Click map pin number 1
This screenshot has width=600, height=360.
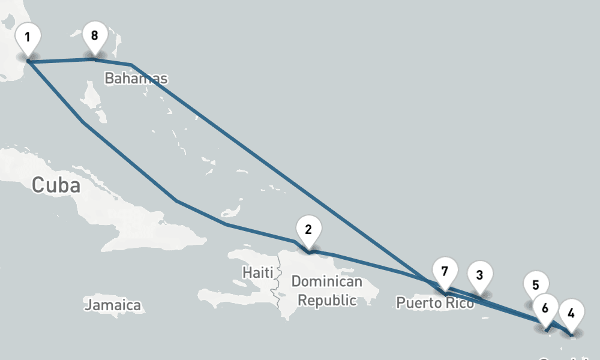pyautogui.click(x=28, y=37)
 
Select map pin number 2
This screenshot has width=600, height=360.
pyautogui.click(x=308, y=229)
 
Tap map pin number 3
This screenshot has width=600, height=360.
pyautogui.click(x=479, y=275)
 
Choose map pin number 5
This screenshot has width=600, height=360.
pyautogui.click(x=536, y=285)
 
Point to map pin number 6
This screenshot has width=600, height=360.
pyautogui.click(x=545, y=308)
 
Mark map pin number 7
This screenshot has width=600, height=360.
pyautogui.click(x=445, y=271)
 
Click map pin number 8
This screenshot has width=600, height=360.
pyautogui.click(x=94, y=35)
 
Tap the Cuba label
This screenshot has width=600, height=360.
pyautogui.click(x=56, y=185)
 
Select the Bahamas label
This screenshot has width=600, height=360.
pyautogui.click(x=136, y=79)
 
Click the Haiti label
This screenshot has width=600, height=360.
pyautogui.click(x=257, y=272)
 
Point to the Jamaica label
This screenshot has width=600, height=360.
pyautogui.click(x=113, y=305)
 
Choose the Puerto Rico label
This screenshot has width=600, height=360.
pyautogui.click(x=435, y=303)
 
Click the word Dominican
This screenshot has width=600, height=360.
pyautogui.click(x=326, y=281)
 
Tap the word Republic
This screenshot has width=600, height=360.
pyautogui.click(x=327, y=300)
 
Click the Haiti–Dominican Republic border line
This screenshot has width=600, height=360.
pyautogui.click(x=276, y=288)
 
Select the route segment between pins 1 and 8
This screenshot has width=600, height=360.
pyautogui.click(x=60, y=60)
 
